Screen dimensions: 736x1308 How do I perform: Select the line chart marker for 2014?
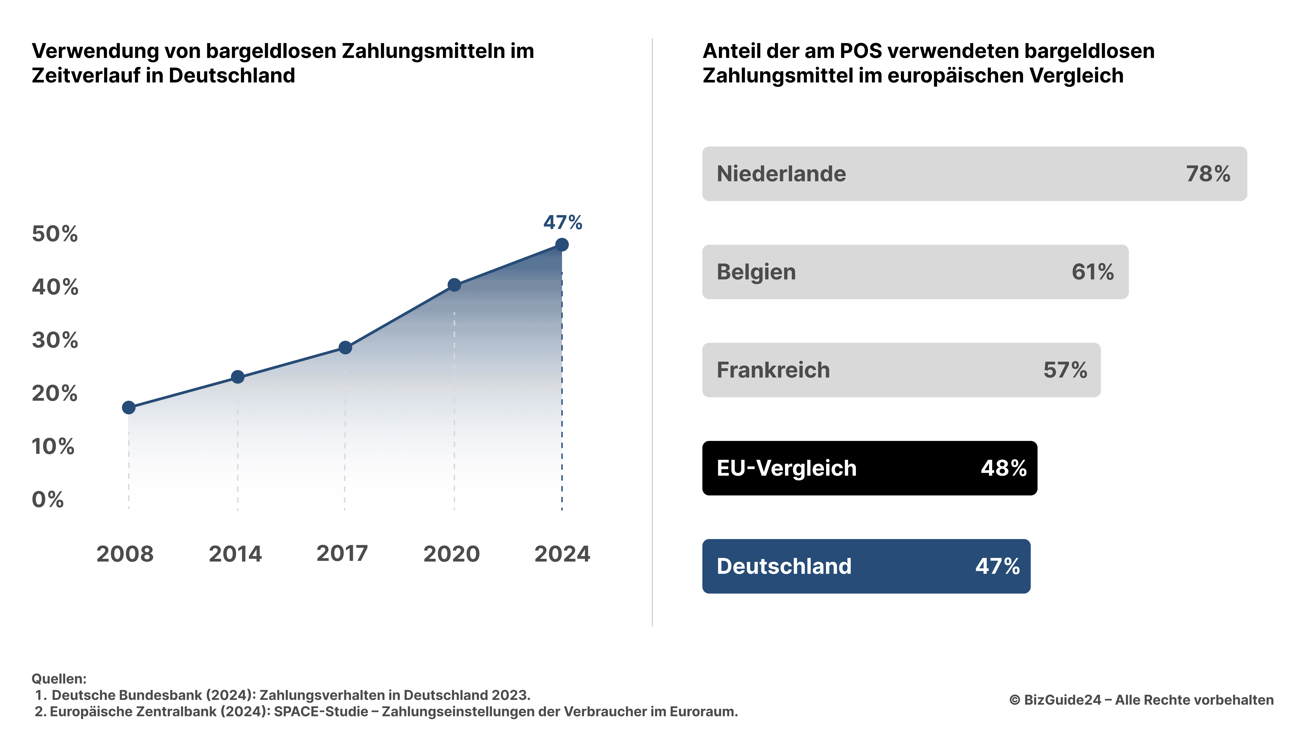click(x=238, y=377)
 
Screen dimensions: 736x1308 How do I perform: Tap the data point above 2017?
click(x=345, y=347)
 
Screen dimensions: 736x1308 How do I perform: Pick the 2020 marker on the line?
click(x=454, y=285)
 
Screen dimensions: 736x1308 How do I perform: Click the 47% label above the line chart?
click(x=563, y=223)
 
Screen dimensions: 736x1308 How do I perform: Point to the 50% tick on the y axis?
click(x=55, y=234)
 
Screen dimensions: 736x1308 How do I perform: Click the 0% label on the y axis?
click(x=48, y=500)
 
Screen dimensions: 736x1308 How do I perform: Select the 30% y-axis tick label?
click(x=55, y=340)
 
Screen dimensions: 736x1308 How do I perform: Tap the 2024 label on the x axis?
click(x=562, y=554)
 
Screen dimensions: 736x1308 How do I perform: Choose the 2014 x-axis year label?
click(x=235, y=554)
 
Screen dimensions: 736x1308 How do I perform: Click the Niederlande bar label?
click(x=781, y=174)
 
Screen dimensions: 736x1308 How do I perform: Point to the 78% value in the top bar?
click(x=1208, y=174)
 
